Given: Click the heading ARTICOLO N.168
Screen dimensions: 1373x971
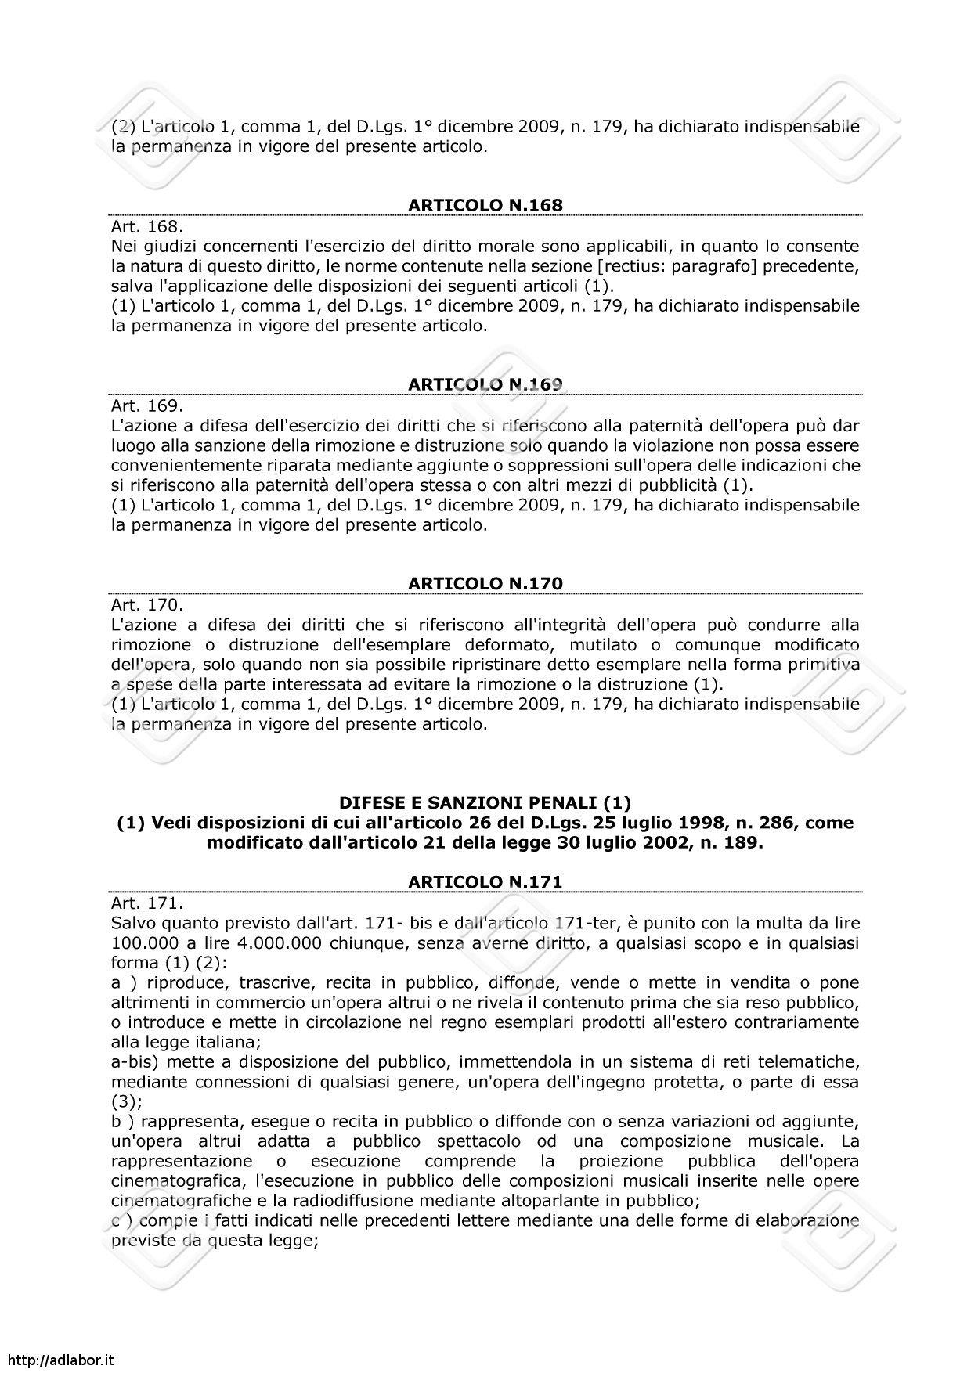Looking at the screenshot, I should pos(485,206).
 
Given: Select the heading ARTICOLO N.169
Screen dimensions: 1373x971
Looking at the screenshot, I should pos(485,384).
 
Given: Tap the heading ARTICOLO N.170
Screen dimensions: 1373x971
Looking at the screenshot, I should pos(485,584).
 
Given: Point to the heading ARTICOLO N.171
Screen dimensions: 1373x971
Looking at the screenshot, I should pos(485,882).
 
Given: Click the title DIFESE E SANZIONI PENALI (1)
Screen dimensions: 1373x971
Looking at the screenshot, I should pos(485,803).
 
